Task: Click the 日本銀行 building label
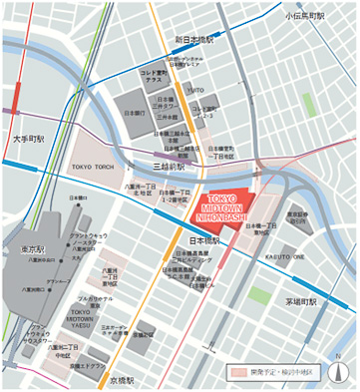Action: pyautogui.click(x=133, y=114)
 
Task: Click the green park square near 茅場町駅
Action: pyautogui.click(x=260, y=294)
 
